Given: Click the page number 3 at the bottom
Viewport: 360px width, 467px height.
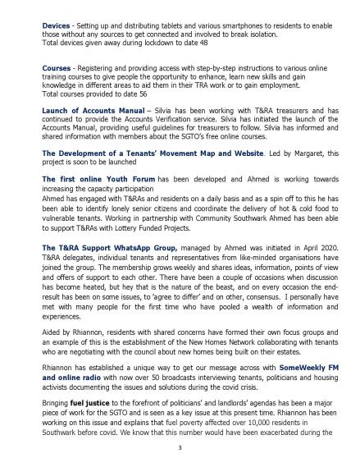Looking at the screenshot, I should (x=179, y=450).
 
